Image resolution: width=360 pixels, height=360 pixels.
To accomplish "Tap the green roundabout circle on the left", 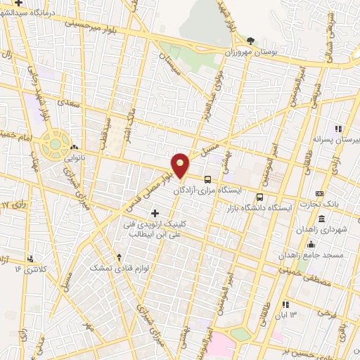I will coord(53,144).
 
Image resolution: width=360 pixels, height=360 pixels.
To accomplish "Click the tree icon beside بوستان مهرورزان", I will coord(251,41).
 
